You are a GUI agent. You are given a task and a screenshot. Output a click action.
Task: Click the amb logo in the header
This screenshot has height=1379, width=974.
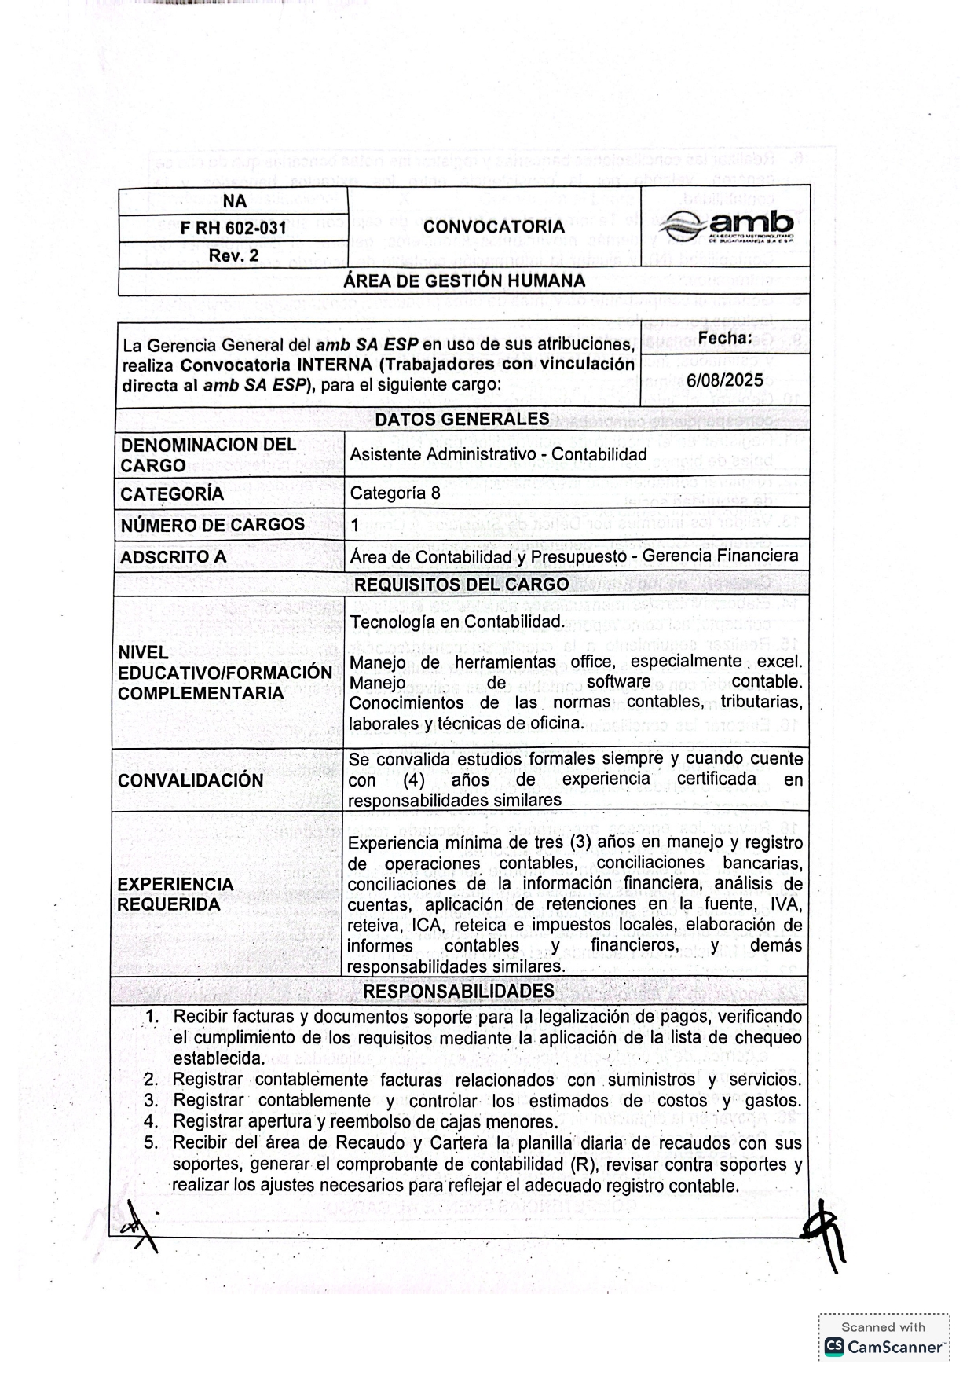[727, 226]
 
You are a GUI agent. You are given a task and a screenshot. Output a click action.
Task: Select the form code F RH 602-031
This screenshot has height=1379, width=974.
[233, 228]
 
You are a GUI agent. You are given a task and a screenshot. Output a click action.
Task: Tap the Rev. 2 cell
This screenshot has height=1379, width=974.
[233, 255]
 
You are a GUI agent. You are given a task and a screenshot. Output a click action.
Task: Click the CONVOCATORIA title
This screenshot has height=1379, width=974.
[493, 226]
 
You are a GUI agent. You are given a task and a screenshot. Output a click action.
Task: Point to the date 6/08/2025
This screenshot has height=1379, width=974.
[724, 380]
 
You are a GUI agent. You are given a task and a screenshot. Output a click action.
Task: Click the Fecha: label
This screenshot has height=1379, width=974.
[724, 339]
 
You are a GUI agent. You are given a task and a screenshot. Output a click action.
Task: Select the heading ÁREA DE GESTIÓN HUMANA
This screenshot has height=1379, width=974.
[464, 281]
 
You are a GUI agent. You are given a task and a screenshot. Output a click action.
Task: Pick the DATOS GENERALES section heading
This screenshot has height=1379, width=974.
[462, 419]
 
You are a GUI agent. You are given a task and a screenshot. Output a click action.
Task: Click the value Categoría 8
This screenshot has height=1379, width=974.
[395, 493]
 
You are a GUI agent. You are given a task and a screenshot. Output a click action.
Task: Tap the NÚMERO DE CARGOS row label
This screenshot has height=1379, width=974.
[213, 525]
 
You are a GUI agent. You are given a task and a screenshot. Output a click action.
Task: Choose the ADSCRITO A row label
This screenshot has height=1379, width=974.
[174, 557]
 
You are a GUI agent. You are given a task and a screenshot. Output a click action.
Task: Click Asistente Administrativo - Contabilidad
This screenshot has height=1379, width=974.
[498, 454]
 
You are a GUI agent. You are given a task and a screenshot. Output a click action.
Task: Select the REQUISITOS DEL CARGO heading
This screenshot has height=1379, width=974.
[461, 585]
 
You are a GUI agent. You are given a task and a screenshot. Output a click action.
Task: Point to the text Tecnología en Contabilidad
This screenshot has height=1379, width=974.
[457, 622]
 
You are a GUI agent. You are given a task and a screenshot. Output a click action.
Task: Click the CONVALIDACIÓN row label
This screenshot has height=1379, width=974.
[191, 780]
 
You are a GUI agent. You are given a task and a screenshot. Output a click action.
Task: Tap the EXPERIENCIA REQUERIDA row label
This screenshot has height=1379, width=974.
[176, 894]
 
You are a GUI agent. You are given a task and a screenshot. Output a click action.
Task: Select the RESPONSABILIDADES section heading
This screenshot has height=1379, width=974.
[459, 991]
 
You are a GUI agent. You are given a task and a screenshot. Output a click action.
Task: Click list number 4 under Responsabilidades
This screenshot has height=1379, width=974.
[152, 1121]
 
